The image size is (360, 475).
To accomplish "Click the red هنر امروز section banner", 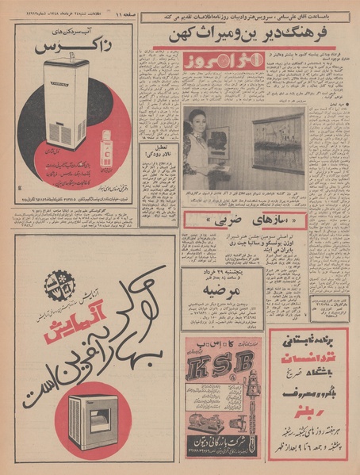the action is click(207, 64).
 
